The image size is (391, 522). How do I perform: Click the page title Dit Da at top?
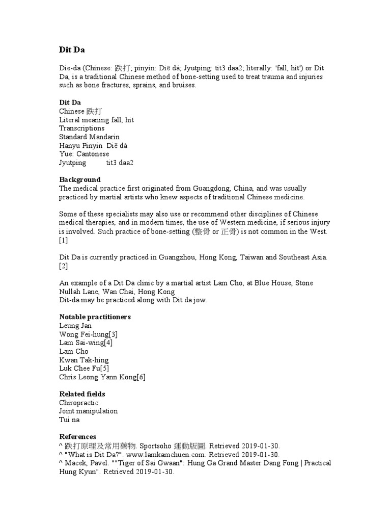(x=72, y=50)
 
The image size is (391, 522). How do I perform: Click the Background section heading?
(x=80, y=179)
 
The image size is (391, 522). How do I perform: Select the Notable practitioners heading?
(x=95, y=317)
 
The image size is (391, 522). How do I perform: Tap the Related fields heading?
(x=82, y=394)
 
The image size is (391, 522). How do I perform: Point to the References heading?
(x=77, y=436)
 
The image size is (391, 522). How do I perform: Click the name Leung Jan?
(x=76, y=325)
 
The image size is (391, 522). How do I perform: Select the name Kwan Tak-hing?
(x=83, y=360)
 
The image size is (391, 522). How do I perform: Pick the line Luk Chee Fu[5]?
(x=83, y=369)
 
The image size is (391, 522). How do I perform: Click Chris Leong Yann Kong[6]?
(x=102, y=377)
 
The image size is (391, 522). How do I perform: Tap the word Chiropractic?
(x=78, y=403)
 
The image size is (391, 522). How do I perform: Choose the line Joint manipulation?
(x=88, y=411)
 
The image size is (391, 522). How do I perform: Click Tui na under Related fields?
(x=69, y=420)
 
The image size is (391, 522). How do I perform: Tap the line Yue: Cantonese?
(x=84, y=154)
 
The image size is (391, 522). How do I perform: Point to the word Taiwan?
(x=250, y=257)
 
